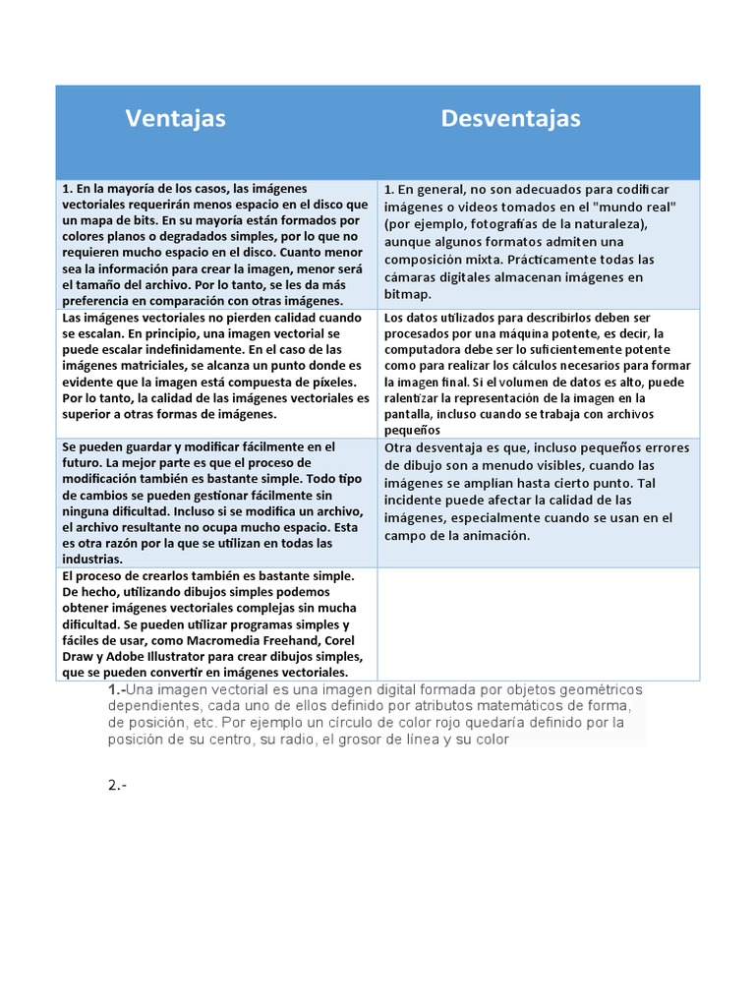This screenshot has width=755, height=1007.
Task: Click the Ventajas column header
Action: tap(175, 119)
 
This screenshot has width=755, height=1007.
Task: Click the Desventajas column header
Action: tap(510, 119)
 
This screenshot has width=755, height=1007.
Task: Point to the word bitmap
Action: tap(406, 294)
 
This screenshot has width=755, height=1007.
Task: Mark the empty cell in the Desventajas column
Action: tap(539, 623)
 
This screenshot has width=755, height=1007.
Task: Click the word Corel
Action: tap(333, 640)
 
